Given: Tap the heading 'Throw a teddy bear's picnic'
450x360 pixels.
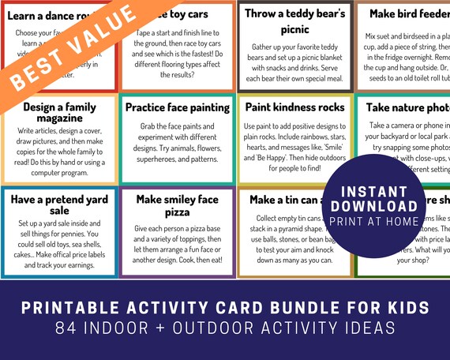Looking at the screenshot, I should (x=295, y=21).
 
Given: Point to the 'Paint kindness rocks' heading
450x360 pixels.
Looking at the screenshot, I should (x=294, y=106).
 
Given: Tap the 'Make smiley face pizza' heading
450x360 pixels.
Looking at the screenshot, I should (x=176, y=207).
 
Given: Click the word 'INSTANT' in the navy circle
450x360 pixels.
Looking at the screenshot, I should (x=376, y=191).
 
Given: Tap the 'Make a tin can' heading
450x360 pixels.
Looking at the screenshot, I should (x=289, y=200).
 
